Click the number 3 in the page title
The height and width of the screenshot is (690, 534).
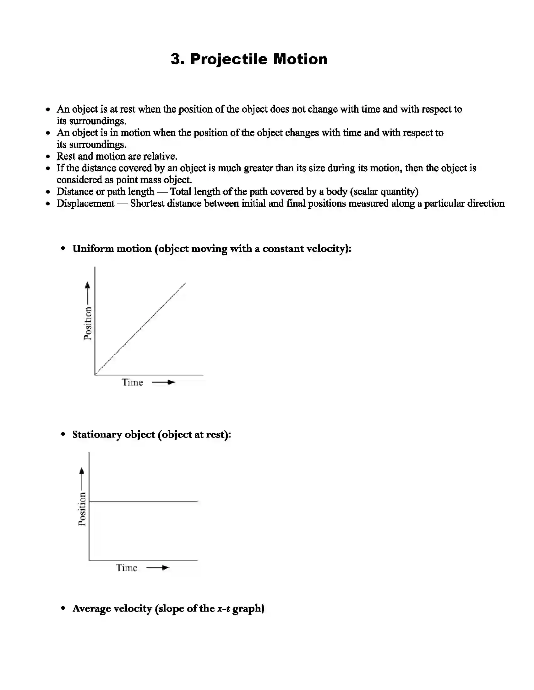(177, 59)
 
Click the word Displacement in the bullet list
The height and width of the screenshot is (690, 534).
(85, 203)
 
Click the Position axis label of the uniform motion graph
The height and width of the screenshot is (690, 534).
(88, 323)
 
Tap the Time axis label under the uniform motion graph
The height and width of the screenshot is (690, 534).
(133, 382)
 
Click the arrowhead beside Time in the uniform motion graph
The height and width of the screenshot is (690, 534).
(171, 382)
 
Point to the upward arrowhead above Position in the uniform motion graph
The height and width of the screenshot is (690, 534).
(88, 285)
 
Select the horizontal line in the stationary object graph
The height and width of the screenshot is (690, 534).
(143, 501)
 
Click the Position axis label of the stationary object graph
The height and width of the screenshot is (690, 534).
(82, 509)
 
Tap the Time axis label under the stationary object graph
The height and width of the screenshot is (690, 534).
(127, 568)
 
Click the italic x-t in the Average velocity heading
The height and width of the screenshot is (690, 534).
(223, 608)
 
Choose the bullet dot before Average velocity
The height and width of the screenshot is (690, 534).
(63, 608)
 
